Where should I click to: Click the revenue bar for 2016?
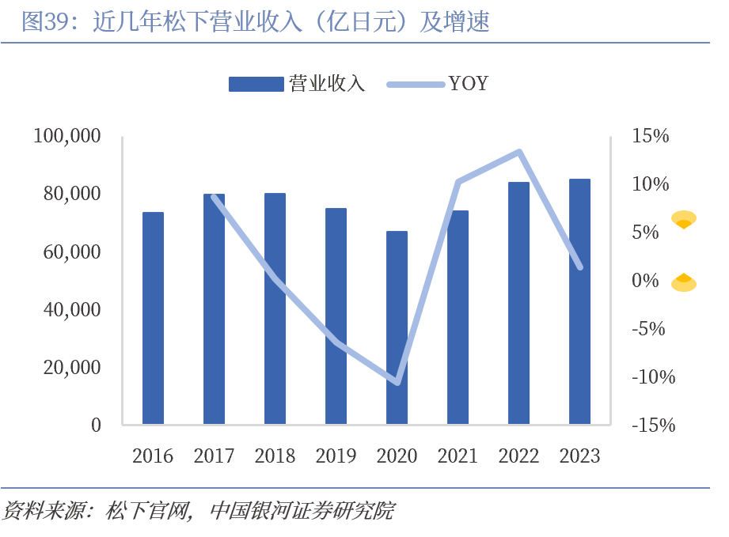[153, 318]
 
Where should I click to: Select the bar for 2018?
[275, 308]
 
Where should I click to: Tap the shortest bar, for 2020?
[397, 327]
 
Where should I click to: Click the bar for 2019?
[336, 316]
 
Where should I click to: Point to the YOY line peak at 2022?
[519, 152]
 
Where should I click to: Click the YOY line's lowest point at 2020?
[397, 383]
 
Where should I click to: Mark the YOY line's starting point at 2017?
[215, 196]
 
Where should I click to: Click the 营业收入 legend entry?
[297, 84]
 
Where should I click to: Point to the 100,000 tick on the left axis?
[67, 136]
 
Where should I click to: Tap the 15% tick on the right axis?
[651, 136]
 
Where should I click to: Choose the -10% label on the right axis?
[654, 376]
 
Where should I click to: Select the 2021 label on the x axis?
[458, 456]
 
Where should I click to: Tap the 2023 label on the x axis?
[579, 456]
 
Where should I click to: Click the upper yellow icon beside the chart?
[684, 220]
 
